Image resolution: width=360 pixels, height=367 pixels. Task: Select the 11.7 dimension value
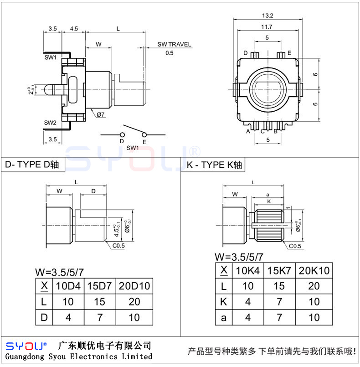(267, 27)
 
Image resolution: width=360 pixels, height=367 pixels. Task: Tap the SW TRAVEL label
(175, 45)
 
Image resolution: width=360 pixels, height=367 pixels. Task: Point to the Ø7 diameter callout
(101, 115)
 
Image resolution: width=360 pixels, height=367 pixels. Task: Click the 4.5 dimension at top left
(74, 29)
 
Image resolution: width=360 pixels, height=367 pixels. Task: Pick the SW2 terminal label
(50, 123)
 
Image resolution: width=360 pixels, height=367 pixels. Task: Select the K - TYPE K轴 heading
(214, 165)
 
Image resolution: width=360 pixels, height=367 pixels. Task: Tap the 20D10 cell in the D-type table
(134, 286)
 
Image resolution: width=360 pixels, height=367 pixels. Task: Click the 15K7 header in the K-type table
(279, 270)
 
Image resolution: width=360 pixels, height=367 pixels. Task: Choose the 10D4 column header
(68, 286)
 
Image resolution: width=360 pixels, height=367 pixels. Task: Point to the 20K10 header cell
(314, 270)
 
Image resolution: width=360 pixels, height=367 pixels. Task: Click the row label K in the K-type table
(223, 302)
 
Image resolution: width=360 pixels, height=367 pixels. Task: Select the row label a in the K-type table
(223, 317)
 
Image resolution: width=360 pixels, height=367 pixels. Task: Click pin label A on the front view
(248, 131)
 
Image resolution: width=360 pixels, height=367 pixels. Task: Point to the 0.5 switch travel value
(170, 53)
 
